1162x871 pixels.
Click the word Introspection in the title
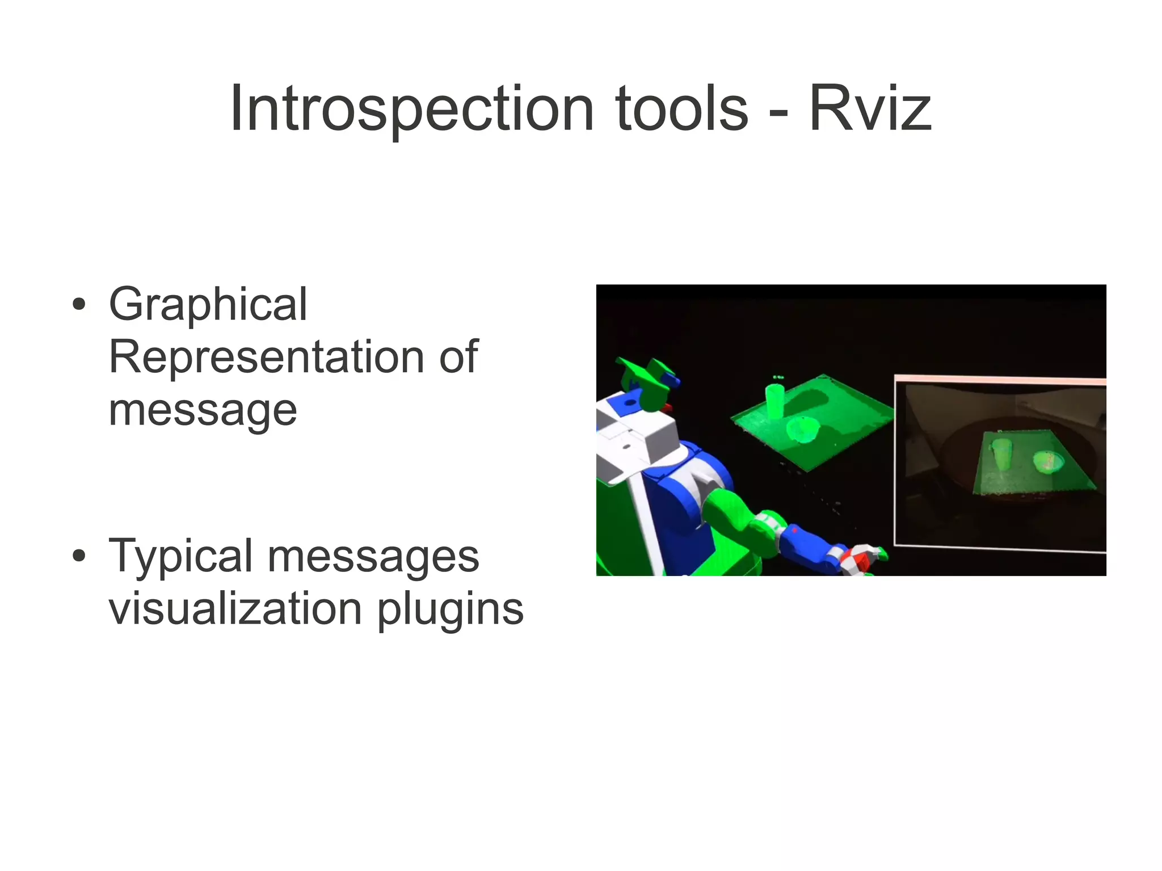(x=411, y=109)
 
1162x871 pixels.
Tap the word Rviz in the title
(x=870, y=109)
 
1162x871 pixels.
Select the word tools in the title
(x=681, y=109)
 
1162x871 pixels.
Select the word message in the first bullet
(x=203, y=410)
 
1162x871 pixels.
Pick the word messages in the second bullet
(x=373, y=557)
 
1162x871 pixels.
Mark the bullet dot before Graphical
(x=79, y=304)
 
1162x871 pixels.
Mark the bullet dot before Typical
(x=79, y=556)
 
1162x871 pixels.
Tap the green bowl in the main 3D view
(x=803, y=430)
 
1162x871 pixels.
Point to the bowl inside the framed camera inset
(x=1047, y=461)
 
